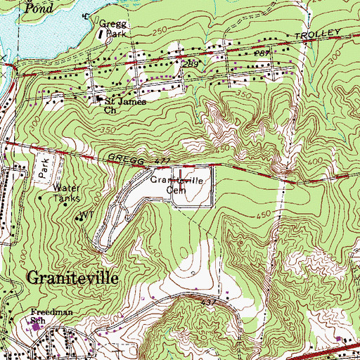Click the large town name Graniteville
pos(72,276)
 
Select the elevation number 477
pos(162,163)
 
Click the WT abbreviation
pos(86,214)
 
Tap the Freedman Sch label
pos(46,316)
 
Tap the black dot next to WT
pos(77,219)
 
